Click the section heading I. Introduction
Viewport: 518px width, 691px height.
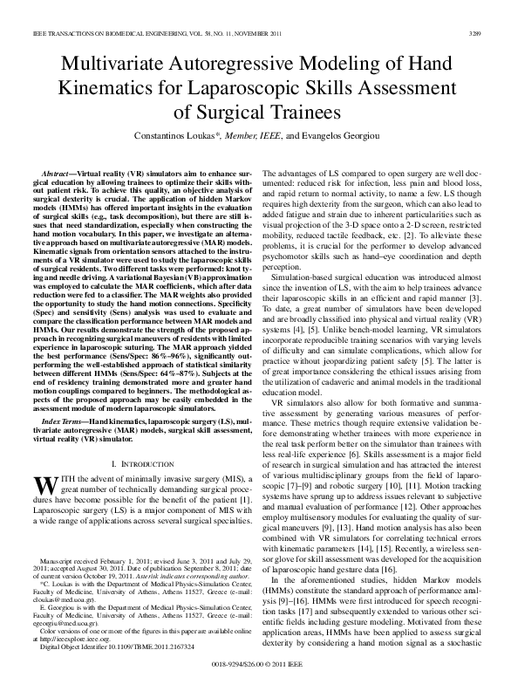point(139,459)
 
